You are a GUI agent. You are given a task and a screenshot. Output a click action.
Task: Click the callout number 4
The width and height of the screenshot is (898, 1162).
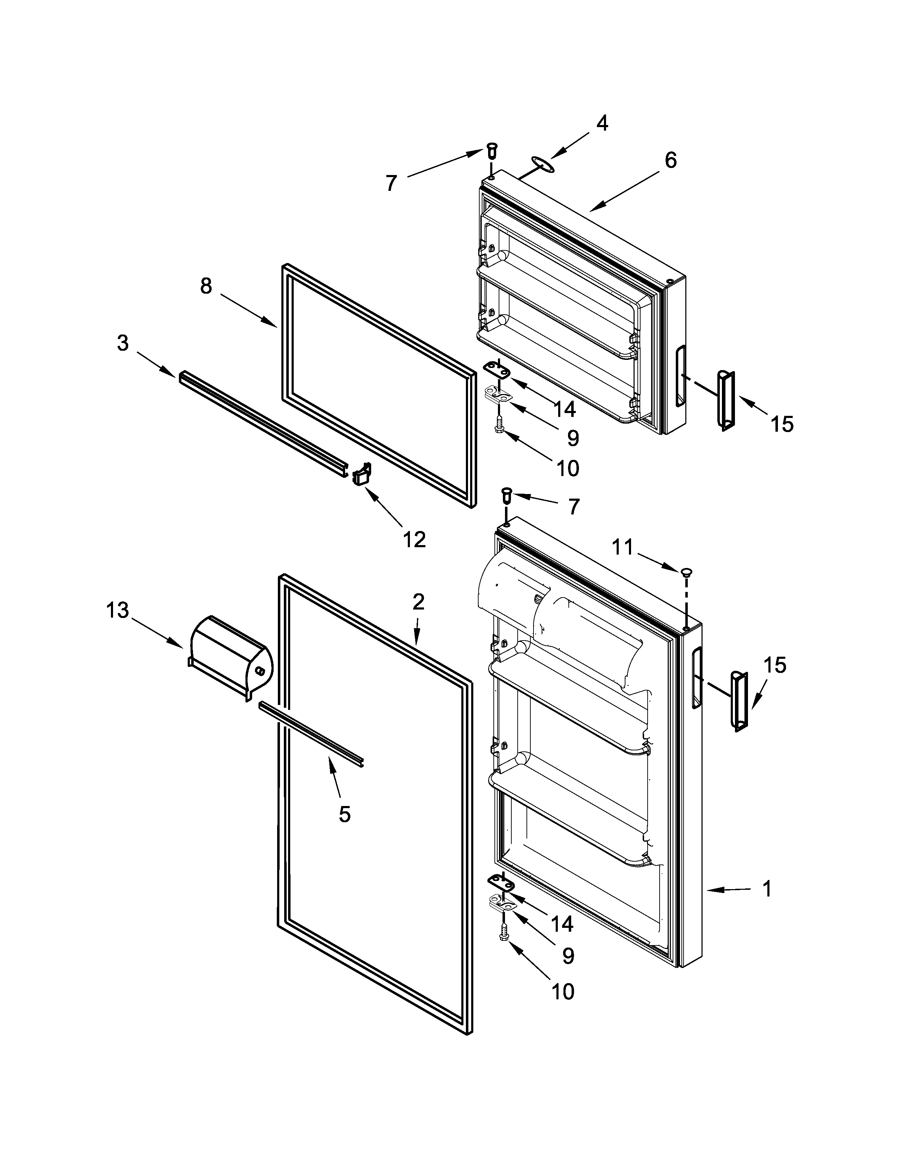click(x=602, y=124)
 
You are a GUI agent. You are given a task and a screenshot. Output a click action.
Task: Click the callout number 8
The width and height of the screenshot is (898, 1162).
click(x=206, y=286)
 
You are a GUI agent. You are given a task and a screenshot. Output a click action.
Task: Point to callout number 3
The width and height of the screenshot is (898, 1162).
click(x=123, y=343)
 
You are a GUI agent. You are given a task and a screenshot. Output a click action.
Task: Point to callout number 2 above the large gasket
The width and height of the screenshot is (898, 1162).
click(x=419, y=602)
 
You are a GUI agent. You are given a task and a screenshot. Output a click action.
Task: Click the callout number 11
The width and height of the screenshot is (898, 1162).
click(x=623, y=546)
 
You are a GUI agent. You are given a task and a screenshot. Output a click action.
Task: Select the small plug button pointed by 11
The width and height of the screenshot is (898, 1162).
click(x=686, y=572)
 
